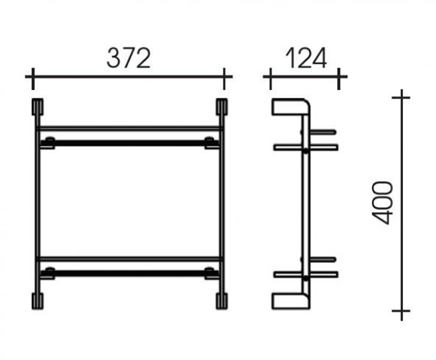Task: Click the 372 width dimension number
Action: [129, 58]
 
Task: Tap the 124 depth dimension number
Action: [306, 58]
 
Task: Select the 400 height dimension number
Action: [383, 203]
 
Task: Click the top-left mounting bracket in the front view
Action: [38, 107]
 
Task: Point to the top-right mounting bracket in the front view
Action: [222, 107]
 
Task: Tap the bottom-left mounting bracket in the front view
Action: [38, 301]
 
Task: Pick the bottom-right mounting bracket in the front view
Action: [222, 301]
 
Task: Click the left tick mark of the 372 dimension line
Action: [33, 79]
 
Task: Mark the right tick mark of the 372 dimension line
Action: [224, 79]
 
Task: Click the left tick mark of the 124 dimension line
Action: [270, 79]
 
